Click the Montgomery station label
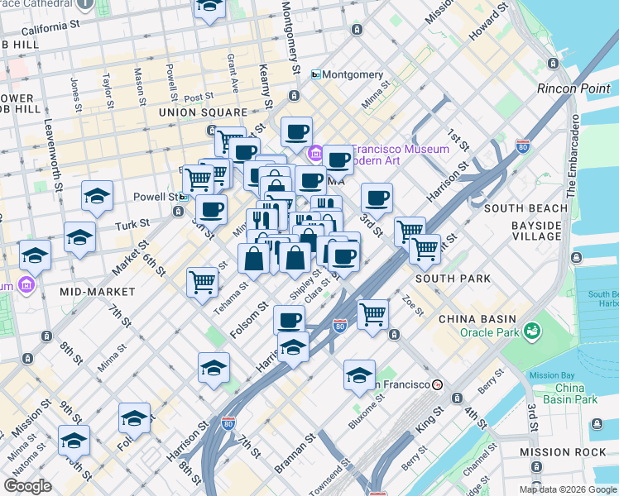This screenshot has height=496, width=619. [x=348, y=74]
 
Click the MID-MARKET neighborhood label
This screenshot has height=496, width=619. [x=98, y=292]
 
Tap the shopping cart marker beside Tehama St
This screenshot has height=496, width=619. [x=203, y=282]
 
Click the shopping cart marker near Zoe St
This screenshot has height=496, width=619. [x=373, y=314]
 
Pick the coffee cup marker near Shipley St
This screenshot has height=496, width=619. [x=290, y=319]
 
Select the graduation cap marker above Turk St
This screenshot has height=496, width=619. [x=97, y=196]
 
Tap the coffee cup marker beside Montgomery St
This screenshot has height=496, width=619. [x=296, y=131]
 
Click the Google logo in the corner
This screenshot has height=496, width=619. [x=28, y=486]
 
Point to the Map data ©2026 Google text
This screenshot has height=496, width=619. [x=567, y=489]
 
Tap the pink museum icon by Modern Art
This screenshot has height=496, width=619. [x=316, y=154]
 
